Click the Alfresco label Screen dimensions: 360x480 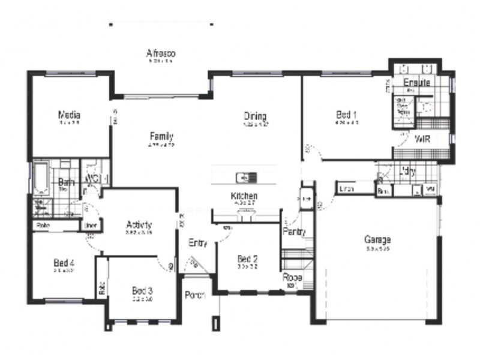[161, 53]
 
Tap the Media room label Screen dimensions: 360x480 [69, 115]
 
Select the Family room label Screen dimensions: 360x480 [161, 136]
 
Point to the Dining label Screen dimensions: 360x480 [254, 116]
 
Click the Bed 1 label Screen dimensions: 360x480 [346, 115]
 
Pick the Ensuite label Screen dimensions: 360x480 [416, 82]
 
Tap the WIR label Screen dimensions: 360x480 [422, 139]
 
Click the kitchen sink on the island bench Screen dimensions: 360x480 [246, 177]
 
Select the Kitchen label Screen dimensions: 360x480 [244, 196]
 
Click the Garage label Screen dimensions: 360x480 [377, 240]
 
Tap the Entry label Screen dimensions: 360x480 [197, 243]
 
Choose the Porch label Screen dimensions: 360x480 [195, 295]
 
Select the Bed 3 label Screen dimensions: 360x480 [142, 290]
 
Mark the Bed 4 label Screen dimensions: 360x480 [63, 262]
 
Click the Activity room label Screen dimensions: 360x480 [139, 225]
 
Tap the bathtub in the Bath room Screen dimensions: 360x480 [41, 178]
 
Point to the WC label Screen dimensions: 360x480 [92, 179]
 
